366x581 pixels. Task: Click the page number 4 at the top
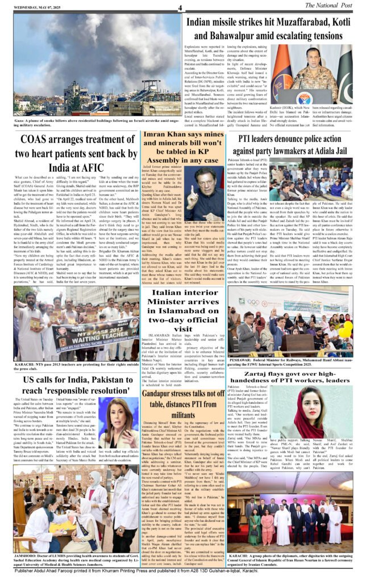(179, 7)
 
